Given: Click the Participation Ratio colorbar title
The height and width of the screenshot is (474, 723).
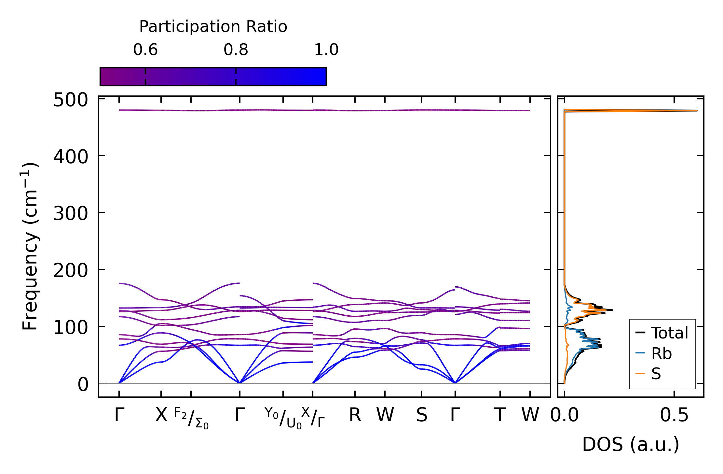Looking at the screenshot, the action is click(213, 27).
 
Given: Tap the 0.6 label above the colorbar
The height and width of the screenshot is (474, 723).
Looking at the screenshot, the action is click(145, 50).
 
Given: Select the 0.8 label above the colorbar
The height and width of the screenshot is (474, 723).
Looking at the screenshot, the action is click(236, 50).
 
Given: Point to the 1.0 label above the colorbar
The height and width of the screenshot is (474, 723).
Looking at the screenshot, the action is click(326, 50).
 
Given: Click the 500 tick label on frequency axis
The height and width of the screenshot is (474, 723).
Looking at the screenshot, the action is click(71, 100).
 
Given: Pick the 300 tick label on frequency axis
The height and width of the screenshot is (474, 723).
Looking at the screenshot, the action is click(71, 214).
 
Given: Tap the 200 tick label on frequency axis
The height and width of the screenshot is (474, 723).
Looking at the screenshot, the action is click(71, 271).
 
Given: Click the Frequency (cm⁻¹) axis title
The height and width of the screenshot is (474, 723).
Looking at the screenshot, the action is click(30, 246).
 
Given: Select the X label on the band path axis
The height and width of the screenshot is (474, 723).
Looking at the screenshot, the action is click(161, 415).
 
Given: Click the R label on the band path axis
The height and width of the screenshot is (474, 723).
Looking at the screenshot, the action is click(355, 415).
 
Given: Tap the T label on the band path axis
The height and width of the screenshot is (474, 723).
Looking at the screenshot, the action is click(500, 415).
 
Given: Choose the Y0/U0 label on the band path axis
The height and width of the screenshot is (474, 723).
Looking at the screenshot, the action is click(283, 418).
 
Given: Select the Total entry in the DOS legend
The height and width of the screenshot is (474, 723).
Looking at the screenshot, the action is click(662, 333).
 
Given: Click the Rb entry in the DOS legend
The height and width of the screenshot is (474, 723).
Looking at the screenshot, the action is click(654, 353).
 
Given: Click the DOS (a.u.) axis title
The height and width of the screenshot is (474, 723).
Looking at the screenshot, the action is click(631, 444).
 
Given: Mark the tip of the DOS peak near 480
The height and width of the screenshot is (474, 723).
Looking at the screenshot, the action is click(697, 110).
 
